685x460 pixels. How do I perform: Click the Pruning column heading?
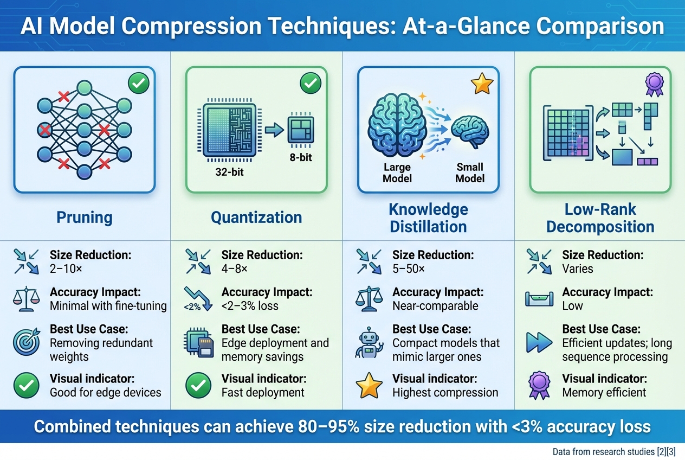[x=85, y=218]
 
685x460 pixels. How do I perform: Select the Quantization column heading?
[x=256, y=218]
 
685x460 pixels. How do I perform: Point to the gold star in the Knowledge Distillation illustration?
[x=481, y=84]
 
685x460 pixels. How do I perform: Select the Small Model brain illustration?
[x=470, y=132]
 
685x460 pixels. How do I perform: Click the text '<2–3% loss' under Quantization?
[x=250, y=305]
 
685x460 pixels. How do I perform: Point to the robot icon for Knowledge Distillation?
[x=368, y=343]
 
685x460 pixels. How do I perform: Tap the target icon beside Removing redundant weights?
[x=25, y=343]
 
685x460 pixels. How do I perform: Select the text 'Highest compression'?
[x=445, y=392]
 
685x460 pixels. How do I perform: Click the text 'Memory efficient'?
[x=604, y=392]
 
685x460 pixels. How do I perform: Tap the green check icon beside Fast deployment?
[x=197, y=386]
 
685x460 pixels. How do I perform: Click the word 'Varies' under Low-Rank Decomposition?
[x=578, y=269]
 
